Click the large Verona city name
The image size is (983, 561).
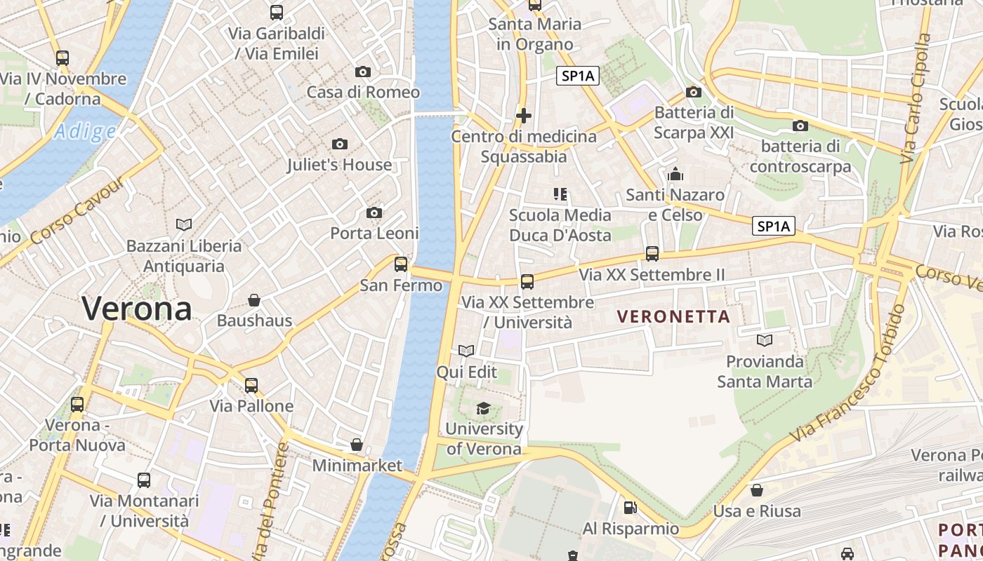[137, 309]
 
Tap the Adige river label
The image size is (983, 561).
[85, 131]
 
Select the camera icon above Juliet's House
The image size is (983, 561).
[340, 144]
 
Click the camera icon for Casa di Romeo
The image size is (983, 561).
[363, 72]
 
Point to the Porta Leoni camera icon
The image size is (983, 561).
[374, 212]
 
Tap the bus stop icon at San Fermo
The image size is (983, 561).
[401, 264]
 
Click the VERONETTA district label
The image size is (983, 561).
[673, 316]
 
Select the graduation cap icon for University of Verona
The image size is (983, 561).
[484, 408]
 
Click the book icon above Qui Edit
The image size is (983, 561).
[466, 351]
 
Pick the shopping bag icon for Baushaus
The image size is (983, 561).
[254, 300]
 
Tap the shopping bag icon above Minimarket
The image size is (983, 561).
[357, 445]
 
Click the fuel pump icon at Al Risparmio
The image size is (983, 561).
[631, 507]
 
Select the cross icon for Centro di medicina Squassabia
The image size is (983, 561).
[524, 116]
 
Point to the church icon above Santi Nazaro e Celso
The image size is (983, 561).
[675, 174]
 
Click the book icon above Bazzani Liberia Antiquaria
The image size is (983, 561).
[184, 224]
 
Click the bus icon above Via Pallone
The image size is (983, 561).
[251, 385]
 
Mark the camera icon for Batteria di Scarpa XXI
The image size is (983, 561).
[694, 92]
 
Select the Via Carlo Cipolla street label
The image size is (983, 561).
[917, 98]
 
